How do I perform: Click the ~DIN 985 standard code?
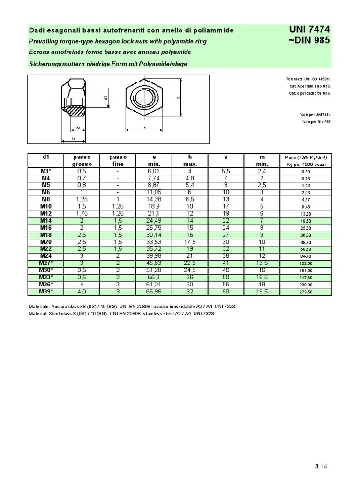coord(310,40)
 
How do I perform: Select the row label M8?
coord(45,200)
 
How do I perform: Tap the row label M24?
coord(45,256)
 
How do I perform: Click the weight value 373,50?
coord(306,292)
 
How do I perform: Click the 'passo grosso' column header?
coord(82,160)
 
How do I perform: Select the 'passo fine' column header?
coord(118,160)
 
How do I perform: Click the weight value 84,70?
coord(306,256)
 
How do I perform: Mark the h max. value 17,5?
coord(190,242)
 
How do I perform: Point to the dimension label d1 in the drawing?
coord(106,98)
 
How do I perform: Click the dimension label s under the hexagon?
coord(144,127)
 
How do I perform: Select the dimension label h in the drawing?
coord(73,139)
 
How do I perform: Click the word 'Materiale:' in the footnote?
coord(41,306)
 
